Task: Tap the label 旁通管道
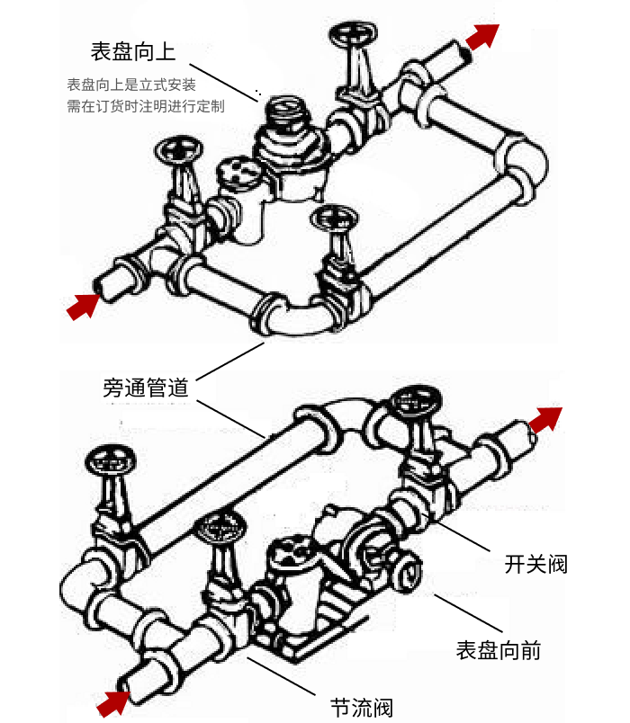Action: [145, 388]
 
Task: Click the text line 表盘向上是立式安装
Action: [131, 85]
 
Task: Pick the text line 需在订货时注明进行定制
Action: [145, 105]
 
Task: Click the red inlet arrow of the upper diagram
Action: [83, 305]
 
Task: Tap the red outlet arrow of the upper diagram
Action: [483, 36]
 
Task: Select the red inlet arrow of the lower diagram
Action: [112, 702]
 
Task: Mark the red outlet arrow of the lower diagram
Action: [544, 418]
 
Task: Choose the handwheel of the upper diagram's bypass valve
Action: [334, 219]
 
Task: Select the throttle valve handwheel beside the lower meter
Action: [219, 527]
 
